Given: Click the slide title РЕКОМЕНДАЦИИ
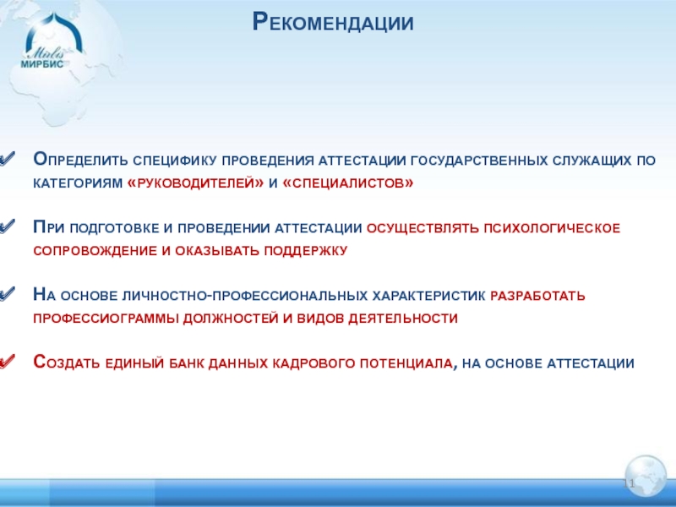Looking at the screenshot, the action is [x=333, y=22].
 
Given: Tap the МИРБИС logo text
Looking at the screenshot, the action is [x=42, y=64].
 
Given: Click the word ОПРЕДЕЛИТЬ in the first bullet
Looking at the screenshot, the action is [x=80, y=160].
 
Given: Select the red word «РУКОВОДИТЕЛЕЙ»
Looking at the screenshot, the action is [x=195, y=183].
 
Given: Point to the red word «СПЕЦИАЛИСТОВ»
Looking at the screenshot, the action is [x=347, y=183].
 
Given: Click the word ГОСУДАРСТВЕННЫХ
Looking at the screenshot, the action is [x=479, y=161].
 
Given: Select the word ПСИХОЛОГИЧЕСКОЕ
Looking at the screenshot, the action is [x=552, y=228].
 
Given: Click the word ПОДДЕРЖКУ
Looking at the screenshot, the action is [x=305, y=250].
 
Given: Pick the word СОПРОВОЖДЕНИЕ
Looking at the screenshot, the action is [x=95, y=251].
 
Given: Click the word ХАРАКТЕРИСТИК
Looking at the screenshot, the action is [x=428, y=297].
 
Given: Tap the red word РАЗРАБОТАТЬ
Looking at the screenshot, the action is [x=537, y=297].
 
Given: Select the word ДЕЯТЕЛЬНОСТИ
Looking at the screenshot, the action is [x=403, y=319].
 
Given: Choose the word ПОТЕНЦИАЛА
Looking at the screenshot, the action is [x=407, y=363].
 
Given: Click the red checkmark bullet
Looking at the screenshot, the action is [x=8, y=362].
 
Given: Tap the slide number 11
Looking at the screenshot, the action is [x=629, y=483].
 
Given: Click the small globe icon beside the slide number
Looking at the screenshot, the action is [x=646, y=476].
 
